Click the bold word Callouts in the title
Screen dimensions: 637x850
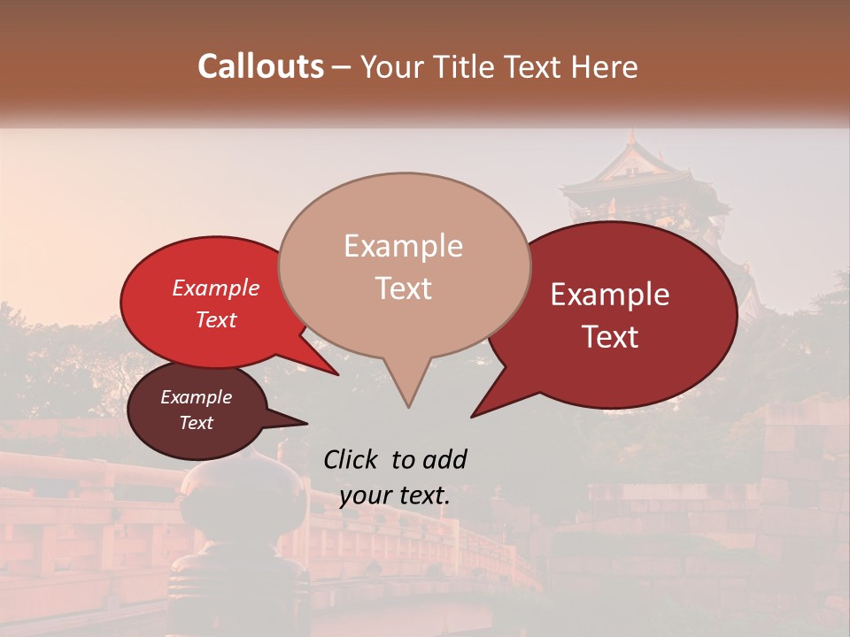pos(260,66)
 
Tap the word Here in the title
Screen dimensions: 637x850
pos(603,66)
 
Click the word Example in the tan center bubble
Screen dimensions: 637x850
pos(403,246)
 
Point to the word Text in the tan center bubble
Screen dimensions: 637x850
pos(403,288)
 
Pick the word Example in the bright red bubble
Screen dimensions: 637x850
pos(215,288)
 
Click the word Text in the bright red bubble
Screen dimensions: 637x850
pos(215,319)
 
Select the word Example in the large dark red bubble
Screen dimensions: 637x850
pos(610,295)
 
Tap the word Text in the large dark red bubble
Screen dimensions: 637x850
pos(610,337)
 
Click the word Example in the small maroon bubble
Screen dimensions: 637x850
pos(196,397)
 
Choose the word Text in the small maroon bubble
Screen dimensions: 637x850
pos(196,423)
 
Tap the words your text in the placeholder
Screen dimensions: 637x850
pos(395,495)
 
